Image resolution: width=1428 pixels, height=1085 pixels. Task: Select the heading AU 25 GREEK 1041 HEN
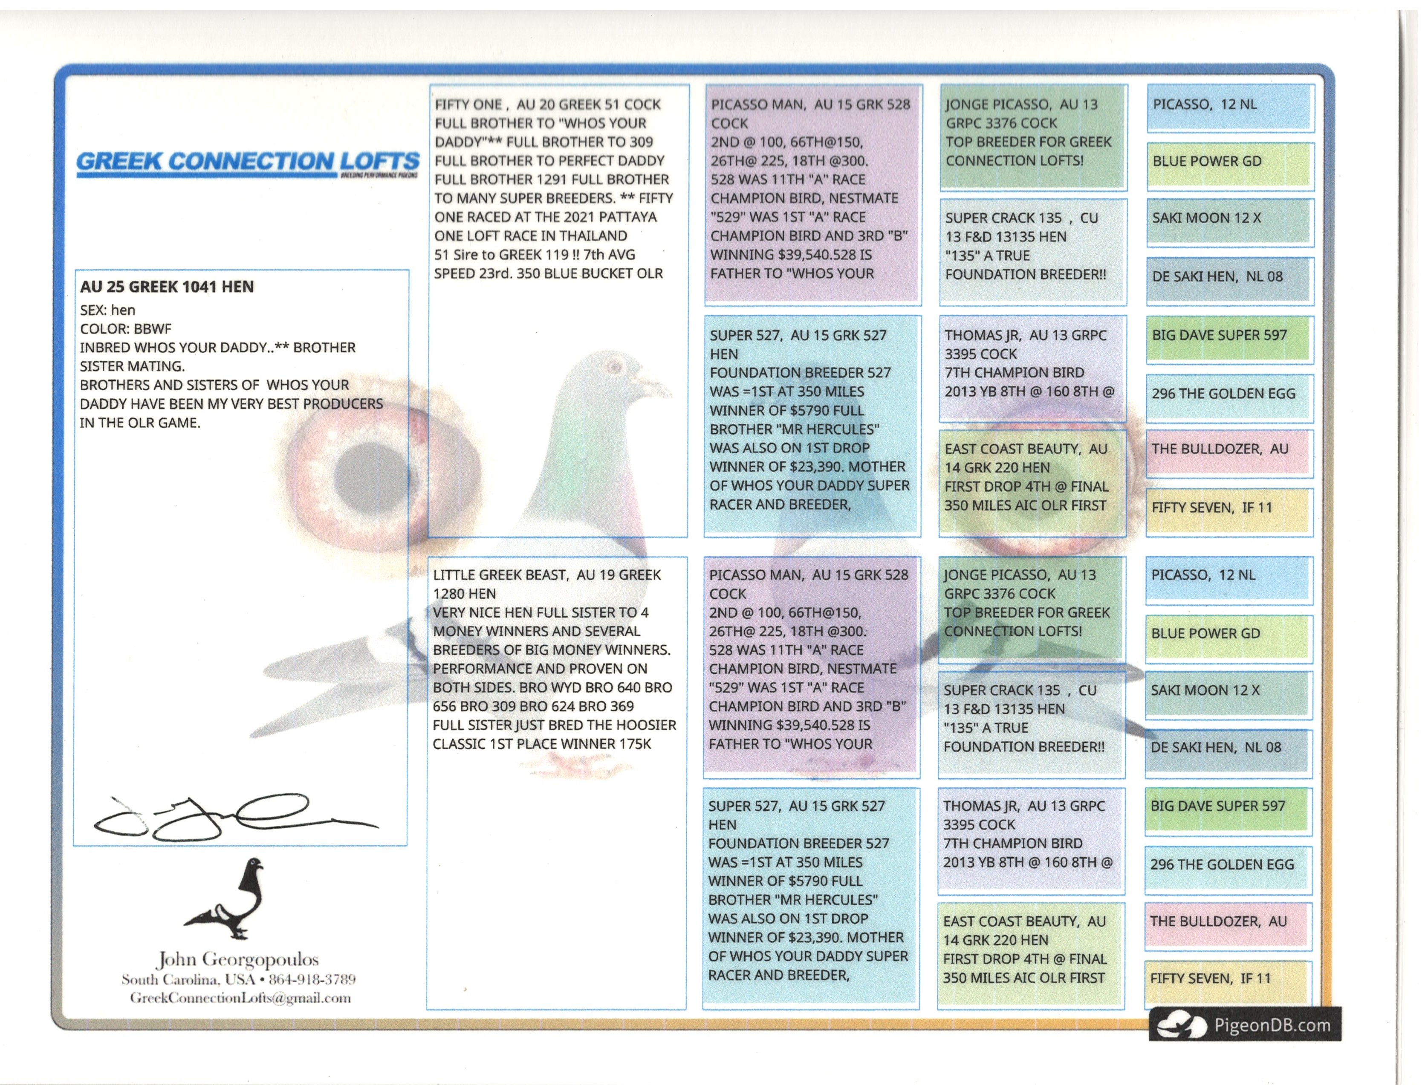tap(167, 287)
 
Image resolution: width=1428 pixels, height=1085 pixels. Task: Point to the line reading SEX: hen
tap(107, 310)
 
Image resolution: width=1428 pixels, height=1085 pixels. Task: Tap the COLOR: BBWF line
tap(126, 329)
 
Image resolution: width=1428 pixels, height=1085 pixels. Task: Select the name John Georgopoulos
tap(237, 960)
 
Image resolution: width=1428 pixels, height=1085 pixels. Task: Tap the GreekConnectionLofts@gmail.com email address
tap(240, 998)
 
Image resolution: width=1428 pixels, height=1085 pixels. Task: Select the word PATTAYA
tap(623, 217)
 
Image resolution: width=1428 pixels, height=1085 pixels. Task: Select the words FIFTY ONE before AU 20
tap(468, 104)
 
